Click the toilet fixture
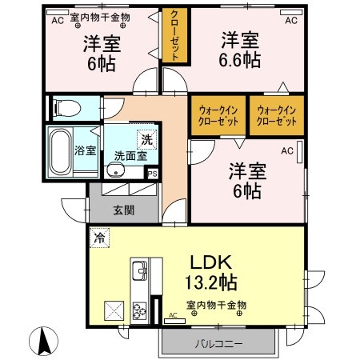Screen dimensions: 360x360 point(62,106)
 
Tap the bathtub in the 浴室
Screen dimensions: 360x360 point(59,150)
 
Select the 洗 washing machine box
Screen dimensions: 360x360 point(146,138)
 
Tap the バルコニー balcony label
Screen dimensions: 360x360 point(218,343)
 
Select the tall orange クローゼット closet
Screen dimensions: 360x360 point(175,34)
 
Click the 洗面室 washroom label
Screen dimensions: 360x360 point(130,156)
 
